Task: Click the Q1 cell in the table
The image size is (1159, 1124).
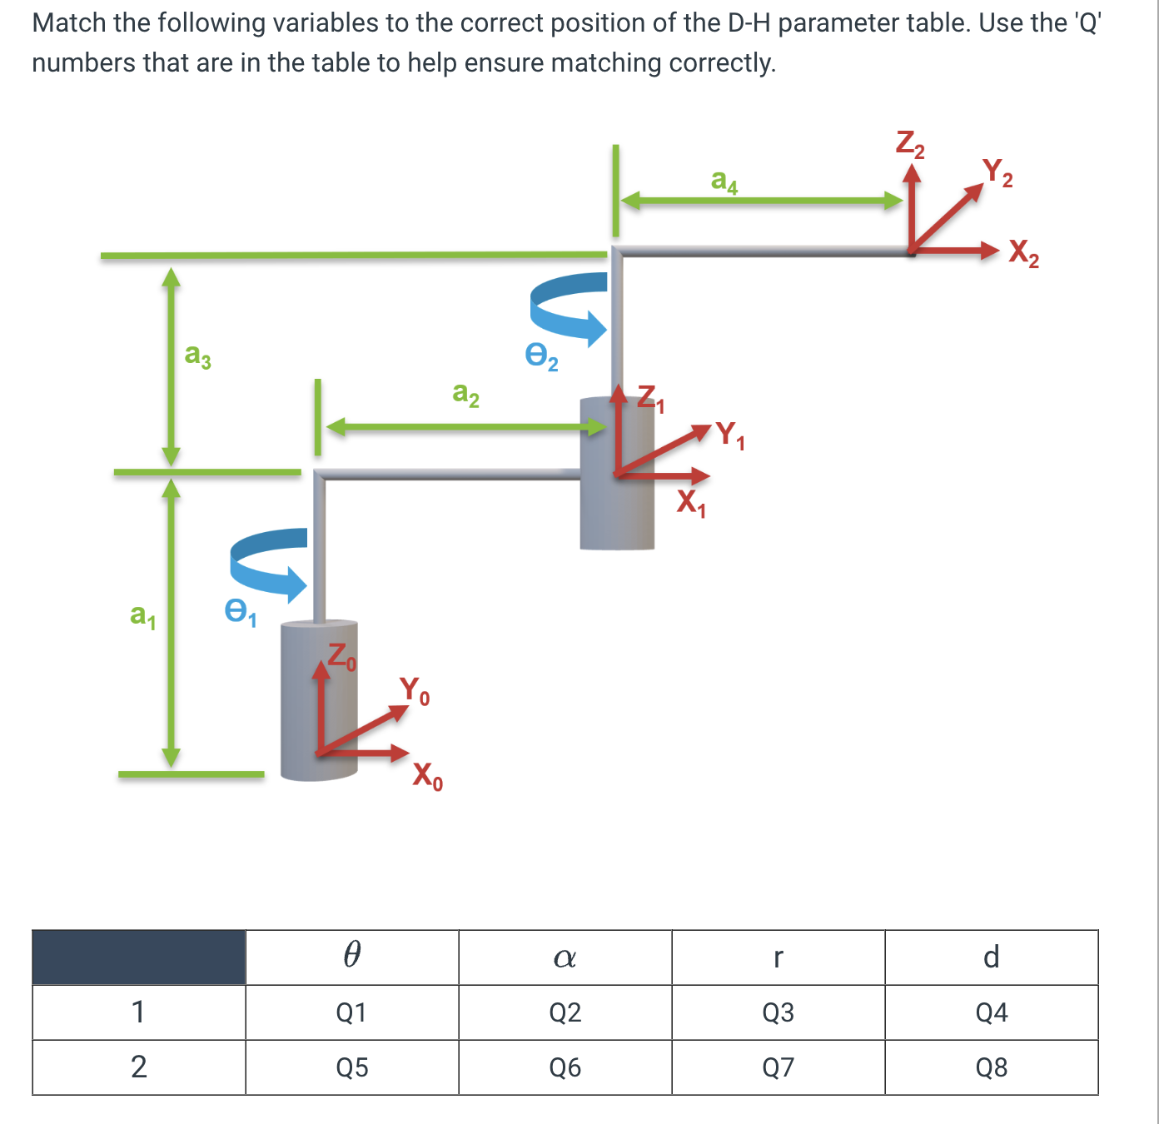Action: pos(351,1012)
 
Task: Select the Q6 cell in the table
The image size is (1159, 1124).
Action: pos(565,1067)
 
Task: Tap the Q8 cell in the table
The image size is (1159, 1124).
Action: pos(991,1067)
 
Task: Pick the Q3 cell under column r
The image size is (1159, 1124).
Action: pos(778,1012)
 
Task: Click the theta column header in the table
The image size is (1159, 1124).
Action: pos(351,956)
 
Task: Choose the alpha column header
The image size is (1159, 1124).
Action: pos(565,957)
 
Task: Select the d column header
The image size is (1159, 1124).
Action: pos(991,957)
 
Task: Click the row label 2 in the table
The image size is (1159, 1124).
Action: pos(138,1067)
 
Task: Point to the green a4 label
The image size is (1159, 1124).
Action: pos(724,181)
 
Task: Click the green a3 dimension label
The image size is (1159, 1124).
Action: pos(197,356)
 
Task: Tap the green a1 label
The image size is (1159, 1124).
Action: pos(142,615)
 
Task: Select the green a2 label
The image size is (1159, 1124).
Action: pos(465,392)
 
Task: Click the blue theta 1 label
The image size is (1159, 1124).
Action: pos(240,613)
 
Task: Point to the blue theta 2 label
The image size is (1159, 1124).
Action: pos(540,356)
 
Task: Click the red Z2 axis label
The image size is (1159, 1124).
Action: pos(909,143)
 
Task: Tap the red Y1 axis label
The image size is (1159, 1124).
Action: pos(730,435)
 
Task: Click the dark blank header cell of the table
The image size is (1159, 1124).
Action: pos(138,957)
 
